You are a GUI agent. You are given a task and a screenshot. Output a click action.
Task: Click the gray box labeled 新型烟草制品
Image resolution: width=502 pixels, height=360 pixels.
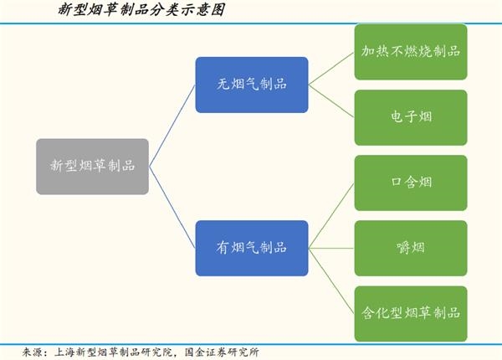click(x=92, y=167)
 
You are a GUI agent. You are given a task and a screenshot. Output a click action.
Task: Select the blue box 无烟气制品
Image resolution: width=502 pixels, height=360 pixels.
click(x=252, y=85)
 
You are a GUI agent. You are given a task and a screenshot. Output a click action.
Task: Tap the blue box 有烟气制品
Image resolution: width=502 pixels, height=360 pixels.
click(x=252, y=248)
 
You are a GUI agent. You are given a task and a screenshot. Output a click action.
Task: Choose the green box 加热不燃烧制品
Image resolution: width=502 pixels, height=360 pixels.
click(x=411, y=52)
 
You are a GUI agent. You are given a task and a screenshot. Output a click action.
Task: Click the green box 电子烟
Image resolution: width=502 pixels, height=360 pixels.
click(x=411, y=117)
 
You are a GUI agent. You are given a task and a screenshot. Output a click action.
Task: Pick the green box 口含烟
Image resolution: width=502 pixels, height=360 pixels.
click(x=411, y=183)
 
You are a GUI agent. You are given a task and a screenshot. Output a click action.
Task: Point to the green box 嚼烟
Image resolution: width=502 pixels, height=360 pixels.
click(x=411, y=248)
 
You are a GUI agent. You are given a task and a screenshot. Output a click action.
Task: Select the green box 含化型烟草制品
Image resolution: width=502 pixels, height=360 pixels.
click(x=411, y=314)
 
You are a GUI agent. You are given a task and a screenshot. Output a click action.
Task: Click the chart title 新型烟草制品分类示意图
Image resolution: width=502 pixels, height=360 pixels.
click(x=141, y=9)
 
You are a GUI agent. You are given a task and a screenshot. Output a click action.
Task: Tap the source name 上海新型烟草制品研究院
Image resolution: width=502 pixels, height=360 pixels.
click(x=114, y=352)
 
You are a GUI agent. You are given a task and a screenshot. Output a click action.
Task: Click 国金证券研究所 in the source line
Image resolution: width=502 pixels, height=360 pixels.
click(x=222, y=352)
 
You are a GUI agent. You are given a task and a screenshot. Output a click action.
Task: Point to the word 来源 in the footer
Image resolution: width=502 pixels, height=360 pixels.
click(x=33, y=352)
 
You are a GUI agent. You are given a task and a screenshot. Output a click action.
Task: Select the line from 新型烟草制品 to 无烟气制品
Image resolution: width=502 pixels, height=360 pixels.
click(x=172, y=126)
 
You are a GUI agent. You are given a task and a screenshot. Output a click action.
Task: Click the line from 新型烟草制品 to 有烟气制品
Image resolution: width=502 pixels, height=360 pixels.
click(x=172, y=208)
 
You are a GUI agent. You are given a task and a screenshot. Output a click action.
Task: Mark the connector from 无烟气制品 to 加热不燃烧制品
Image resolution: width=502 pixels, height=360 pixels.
click(x=331, y=69)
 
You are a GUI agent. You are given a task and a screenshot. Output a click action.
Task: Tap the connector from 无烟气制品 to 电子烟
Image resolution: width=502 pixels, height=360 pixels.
click(x=331, y=101)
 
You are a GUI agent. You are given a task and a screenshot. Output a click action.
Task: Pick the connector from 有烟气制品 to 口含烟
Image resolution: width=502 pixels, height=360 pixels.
click(x=331, y=215)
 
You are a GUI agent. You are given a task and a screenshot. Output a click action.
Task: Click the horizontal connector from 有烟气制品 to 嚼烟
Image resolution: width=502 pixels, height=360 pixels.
click(x=331, y=248)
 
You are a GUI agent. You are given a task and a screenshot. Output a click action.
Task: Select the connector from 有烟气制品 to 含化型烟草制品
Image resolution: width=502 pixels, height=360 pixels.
click(x=331, y=281)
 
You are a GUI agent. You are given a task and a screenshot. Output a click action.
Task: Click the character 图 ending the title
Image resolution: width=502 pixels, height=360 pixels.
click(x=218, y=9)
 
